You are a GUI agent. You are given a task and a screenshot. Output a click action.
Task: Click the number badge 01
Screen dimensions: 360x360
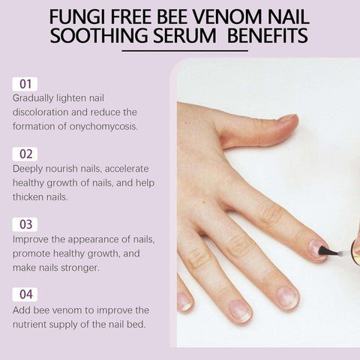pos(25,83)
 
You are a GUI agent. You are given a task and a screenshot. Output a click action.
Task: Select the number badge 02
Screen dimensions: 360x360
pos(25,154)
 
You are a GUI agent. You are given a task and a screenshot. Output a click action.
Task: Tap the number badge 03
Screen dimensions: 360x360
pos(25,223)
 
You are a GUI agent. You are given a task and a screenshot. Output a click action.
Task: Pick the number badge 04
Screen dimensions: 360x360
pos(25,294)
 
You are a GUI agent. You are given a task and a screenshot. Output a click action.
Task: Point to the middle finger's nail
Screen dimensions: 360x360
pos(287,296)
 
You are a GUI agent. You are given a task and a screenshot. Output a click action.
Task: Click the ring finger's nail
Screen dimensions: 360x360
pos(240,310)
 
